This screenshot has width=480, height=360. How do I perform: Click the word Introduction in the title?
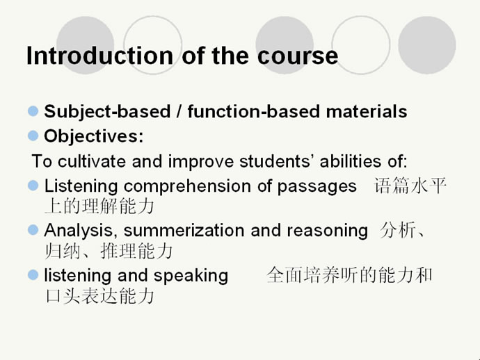pyautogui.click(x=99, y=56)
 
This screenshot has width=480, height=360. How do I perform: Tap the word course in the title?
pyautogui.click(x=298, y=56)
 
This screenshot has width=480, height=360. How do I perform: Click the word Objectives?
pyautogui.click(x=94, y=136)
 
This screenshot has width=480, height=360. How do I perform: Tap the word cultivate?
pyautogui.click(x=92, y=161)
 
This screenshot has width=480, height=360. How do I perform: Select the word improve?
pyautogui.click(x=201, y=162)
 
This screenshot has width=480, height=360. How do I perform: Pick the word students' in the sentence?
pyautogui.click(x=276, y=161)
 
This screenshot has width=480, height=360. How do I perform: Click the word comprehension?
pyautogui.click(x=187, y=186)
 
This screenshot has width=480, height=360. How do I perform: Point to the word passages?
pyautogui.click(x=317, y=187)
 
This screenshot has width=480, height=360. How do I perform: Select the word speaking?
pyautogui.click(x=191, y=276)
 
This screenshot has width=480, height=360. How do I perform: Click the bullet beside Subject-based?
pyautogui.click(x=33, y=111)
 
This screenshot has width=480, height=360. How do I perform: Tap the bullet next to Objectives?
pyautogui.click(x=33, y=136)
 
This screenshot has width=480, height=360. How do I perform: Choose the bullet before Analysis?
pyautogui.click(x=33, y=230)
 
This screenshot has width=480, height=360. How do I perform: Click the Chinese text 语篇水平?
pyautogui.click(x=410, y=186)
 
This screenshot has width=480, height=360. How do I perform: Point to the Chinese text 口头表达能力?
pyautogui.click(x=99, y=296)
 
